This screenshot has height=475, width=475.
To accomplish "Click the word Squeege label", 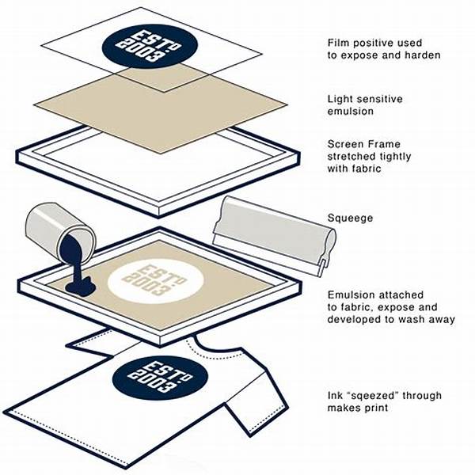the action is tap(350, 218).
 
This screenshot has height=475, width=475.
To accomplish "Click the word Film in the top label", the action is tap(337, 43).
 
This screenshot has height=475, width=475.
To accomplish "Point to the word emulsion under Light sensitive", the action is tap(350, 111).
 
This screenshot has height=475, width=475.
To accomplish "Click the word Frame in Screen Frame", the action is tap(386, 144).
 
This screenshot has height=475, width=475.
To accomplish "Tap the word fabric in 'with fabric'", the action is tap(367, 168).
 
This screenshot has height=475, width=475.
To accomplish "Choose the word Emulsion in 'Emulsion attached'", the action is tap(351, 294).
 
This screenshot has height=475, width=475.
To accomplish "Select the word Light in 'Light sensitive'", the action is tap(340, 100).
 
